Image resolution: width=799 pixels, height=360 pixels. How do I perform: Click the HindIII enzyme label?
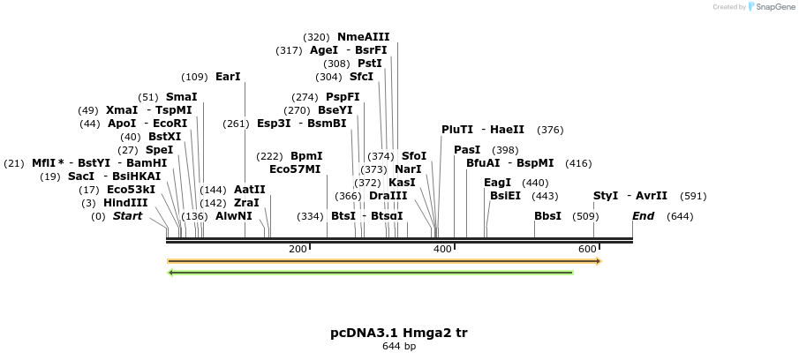coord(126,203)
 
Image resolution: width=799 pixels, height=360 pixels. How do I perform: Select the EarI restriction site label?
coord(228,77)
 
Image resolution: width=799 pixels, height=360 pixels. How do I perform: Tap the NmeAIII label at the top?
coord(363,37)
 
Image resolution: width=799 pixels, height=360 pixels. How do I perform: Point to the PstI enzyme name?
coord(370,64)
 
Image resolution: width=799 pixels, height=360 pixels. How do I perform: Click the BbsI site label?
coord(547,216)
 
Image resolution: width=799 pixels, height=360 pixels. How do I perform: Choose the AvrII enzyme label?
coord(652,196)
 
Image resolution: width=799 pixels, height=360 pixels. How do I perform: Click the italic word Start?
coord(127,216)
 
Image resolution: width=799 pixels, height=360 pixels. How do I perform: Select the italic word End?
coord(644,216)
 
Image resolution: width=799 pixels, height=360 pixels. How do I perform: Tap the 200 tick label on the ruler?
coord(297,251)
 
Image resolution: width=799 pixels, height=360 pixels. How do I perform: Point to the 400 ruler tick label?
coord(442,251)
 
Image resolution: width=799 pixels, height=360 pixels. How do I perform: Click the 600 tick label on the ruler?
coord(587,251)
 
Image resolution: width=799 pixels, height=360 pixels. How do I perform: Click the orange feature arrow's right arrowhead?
coord(599,261)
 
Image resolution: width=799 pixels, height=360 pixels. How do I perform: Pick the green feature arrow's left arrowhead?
coord(171,272)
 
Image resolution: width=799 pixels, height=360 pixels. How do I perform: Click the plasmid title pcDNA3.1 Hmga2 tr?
coord(399,333)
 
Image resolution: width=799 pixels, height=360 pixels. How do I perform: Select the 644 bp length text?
coord(399,346)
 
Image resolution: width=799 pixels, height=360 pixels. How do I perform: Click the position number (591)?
coord(693,196)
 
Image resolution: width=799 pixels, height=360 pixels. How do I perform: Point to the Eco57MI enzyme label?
coord(295,169)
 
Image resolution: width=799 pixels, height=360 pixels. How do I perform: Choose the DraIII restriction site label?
coord(388,196)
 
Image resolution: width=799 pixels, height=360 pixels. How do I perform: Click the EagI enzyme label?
coord(497,183)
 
